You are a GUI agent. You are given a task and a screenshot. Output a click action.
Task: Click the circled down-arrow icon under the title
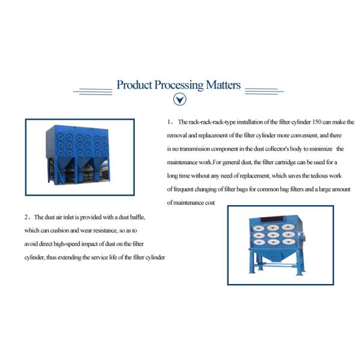[179, 100]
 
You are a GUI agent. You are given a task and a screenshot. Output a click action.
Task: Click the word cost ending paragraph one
[209, 203]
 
